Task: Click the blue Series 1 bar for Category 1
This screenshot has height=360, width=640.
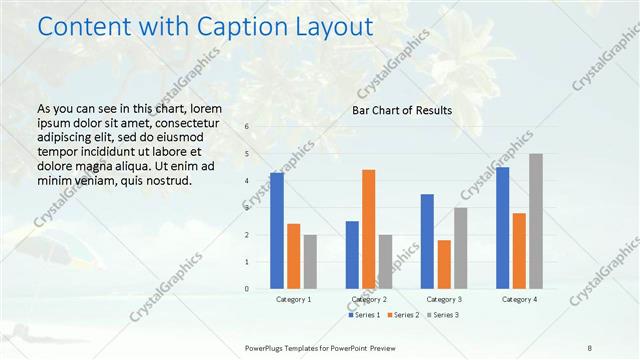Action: coord(277,230)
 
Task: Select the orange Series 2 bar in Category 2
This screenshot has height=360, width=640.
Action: coord(369,228)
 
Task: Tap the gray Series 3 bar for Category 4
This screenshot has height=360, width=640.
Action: coord(536,221)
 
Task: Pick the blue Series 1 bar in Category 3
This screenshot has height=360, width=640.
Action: coord(427,241)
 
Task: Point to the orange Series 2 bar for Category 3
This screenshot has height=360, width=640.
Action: coord(444,264)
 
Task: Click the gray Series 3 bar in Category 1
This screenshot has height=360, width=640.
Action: coord(310,261)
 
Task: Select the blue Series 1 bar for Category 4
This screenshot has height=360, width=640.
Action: coord(502,227)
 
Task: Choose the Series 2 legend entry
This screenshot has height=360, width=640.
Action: coord(404,315)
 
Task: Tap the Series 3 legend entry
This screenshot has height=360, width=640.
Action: coord(443,315)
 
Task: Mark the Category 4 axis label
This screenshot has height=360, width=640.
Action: coord(519,299)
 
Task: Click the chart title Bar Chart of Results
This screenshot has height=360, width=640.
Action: coord(402,110)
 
